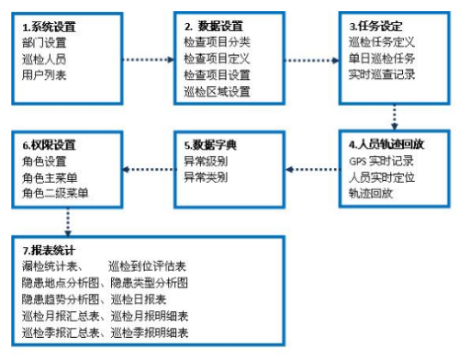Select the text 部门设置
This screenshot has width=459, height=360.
45,42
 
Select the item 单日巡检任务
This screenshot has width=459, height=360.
383,58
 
